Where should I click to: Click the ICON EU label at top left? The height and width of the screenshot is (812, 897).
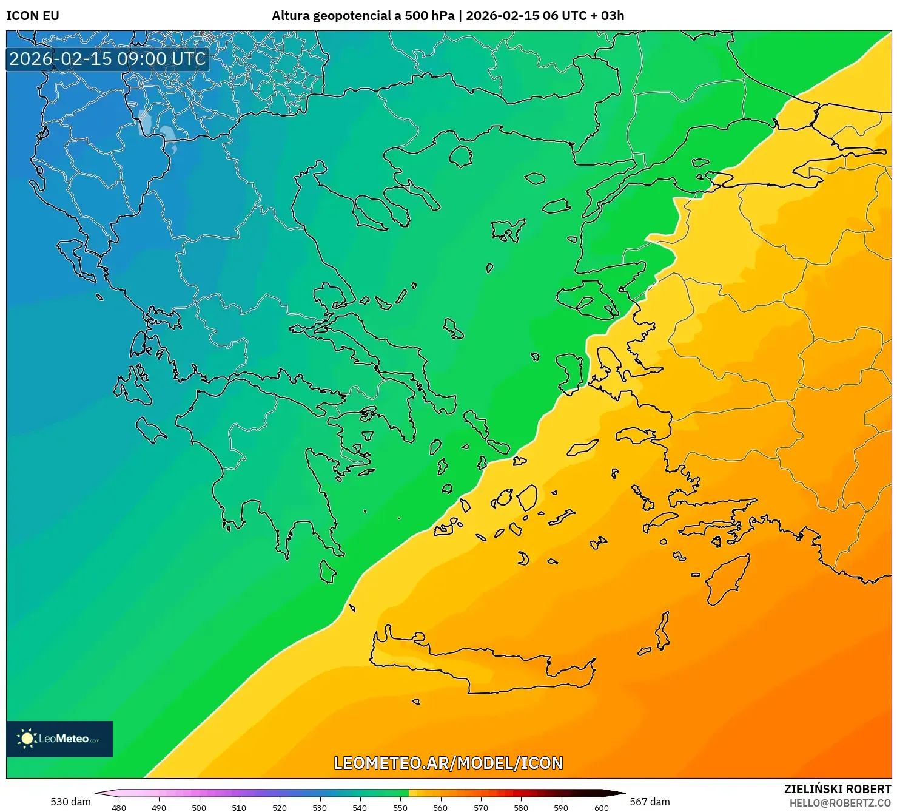[33, 16]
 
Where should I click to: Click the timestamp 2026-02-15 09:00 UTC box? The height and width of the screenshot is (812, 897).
[107, 59]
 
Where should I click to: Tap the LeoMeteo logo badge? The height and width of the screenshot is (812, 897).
[59, 739]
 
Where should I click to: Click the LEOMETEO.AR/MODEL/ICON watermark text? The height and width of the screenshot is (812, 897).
[448, 763]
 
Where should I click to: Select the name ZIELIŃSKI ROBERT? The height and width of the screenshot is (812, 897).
[837, 790]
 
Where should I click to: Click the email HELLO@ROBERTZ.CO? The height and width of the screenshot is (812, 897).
[840, 803]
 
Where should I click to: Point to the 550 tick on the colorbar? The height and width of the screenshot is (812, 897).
[400, 807]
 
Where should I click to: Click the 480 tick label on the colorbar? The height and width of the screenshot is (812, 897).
[119, 807]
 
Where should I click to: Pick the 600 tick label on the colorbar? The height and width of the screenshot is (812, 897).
[601, 807]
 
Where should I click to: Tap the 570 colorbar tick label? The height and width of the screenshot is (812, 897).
[480, 807]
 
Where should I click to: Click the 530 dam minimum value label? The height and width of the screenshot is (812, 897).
[70, 802]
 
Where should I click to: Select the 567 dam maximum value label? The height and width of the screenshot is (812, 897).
[650, 802]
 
